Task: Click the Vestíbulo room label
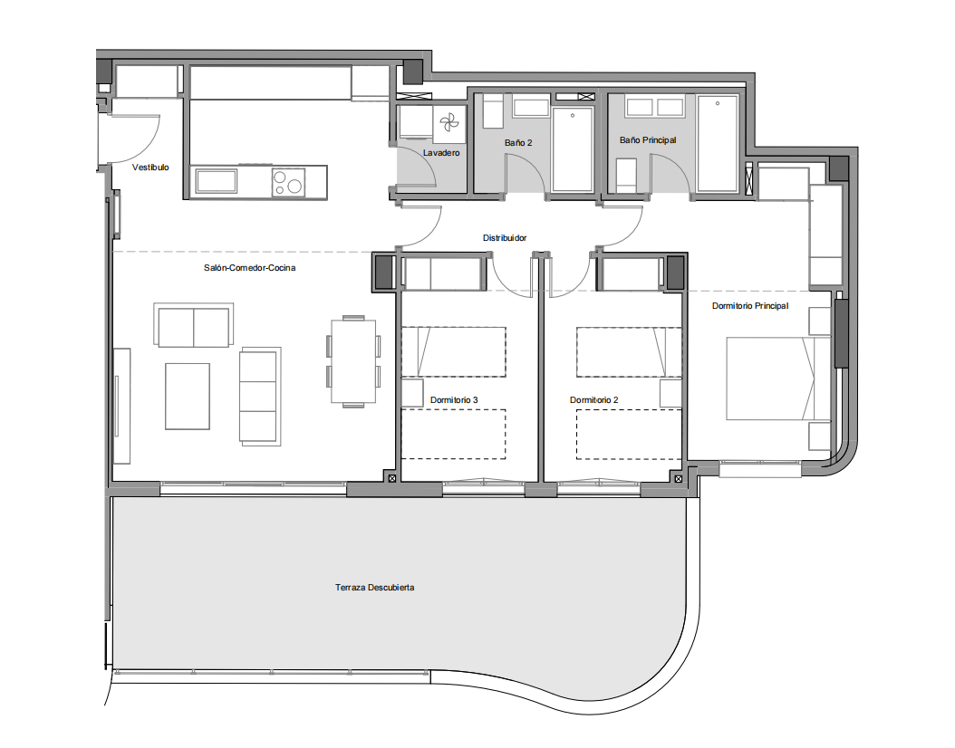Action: pyautogui.click(x=150, y=168)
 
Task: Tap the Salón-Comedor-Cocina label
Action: pyautogui.click(x=250, y=268)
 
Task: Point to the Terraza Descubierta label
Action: pyautogui.click(x=374, y=588)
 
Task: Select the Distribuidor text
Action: pyautogui.click(x=505, y=238)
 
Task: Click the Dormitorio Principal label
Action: pyautogui.click(x=750, y=306)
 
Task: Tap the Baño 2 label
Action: pyautogui.click(x=518, y=142)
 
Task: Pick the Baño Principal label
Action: pyautogui.click(x=648, y=140)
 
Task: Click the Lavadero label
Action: pyautogui.click(x=441, y=153)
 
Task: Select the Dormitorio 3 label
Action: pyautogui.click(x=454, y=400)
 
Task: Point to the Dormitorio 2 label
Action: pyautogui.click(x=593, y=400)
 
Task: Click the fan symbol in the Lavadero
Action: pyautogui.click(x=449, y=122)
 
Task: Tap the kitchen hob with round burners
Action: pyautogui.click(x=288, y=182)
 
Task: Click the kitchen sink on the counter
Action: pyautogui.click(x=217, y=181)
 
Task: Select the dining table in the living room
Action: pyautogui.click(x=353, y=361)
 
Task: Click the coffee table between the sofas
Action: pyautogui.click(x=188, y=397)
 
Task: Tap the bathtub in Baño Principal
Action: pyautogui.click(x=718, y=144)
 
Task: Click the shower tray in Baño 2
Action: pyautogui.click(x=573, y=149)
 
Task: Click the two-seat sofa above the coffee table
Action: pyautogui.click(x=194, y=326)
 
